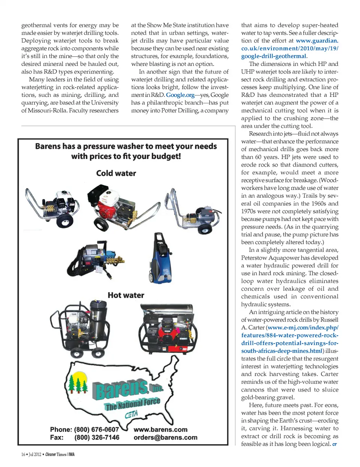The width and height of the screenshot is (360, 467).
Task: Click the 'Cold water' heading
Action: tap(116, 173)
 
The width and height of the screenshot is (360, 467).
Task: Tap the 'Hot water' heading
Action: tap(126, 295)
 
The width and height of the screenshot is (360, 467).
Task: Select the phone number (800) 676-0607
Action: tap(96, 429)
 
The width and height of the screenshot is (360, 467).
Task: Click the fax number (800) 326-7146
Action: tap(97, 437)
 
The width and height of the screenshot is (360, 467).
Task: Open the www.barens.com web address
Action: tap(160, 429)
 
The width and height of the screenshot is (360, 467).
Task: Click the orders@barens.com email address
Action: tap(165, 437)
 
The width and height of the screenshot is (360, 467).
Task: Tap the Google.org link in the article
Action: tap(180, 95)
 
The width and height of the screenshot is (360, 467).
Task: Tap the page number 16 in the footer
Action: tap(23, 454)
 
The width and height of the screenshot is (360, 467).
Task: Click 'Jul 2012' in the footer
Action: tap(35, 454)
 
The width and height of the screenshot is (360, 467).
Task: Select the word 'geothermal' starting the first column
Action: tap(36, 25)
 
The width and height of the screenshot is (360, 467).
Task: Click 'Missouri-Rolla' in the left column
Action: tap(47, 110)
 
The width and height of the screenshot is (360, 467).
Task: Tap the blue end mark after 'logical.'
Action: tap(334, 444)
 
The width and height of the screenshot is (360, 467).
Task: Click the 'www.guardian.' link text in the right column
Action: tap(317, 41)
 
